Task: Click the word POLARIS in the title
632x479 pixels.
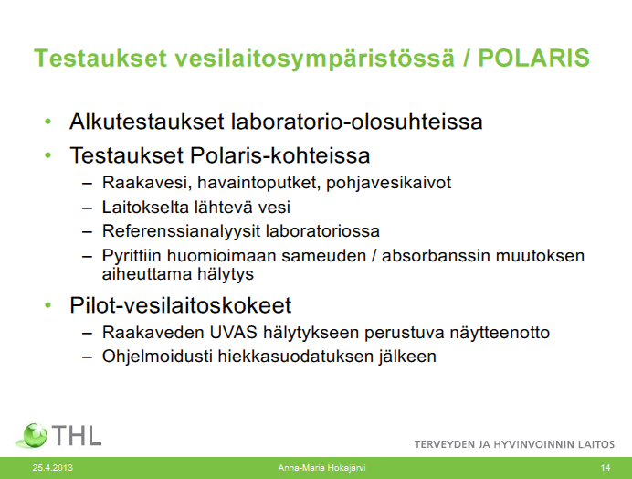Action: pos(533,58)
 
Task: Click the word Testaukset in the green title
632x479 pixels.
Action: pos(100,58)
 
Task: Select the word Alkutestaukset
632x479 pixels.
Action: pos(147,122)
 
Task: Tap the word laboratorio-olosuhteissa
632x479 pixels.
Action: pos(357,122)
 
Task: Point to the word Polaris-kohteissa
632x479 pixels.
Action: pos(279,155)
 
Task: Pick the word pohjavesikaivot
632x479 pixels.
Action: pos(388,183)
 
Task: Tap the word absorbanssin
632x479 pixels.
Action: pos(436,256)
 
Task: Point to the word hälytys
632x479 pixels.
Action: pos(226,275)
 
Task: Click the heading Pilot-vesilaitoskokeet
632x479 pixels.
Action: pos(180,305)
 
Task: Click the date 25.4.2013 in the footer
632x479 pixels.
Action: pos(52,468)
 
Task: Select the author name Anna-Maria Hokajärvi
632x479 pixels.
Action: pos(321,468)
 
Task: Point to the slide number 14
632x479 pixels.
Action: pos(605,468)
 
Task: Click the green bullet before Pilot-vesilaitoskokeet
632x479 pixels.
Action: pos(48,305)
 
